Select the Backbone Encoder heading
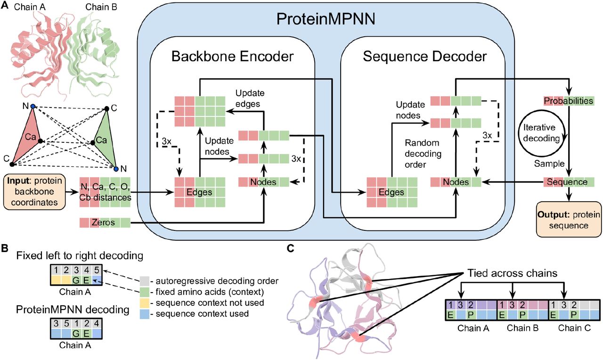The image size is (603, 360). (232, 57)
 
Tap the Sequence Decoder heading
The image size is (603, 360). (425, 57)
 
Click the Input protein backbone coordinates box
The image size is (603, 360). (33, 192)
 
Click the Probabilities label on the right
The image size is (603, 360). (568, 101)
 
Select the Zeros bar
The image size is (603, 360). (104, 222)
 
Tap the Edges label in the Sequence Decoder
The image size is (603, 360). (391, 192)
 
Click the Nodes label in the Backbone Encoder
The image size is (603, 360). (263, 182)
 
